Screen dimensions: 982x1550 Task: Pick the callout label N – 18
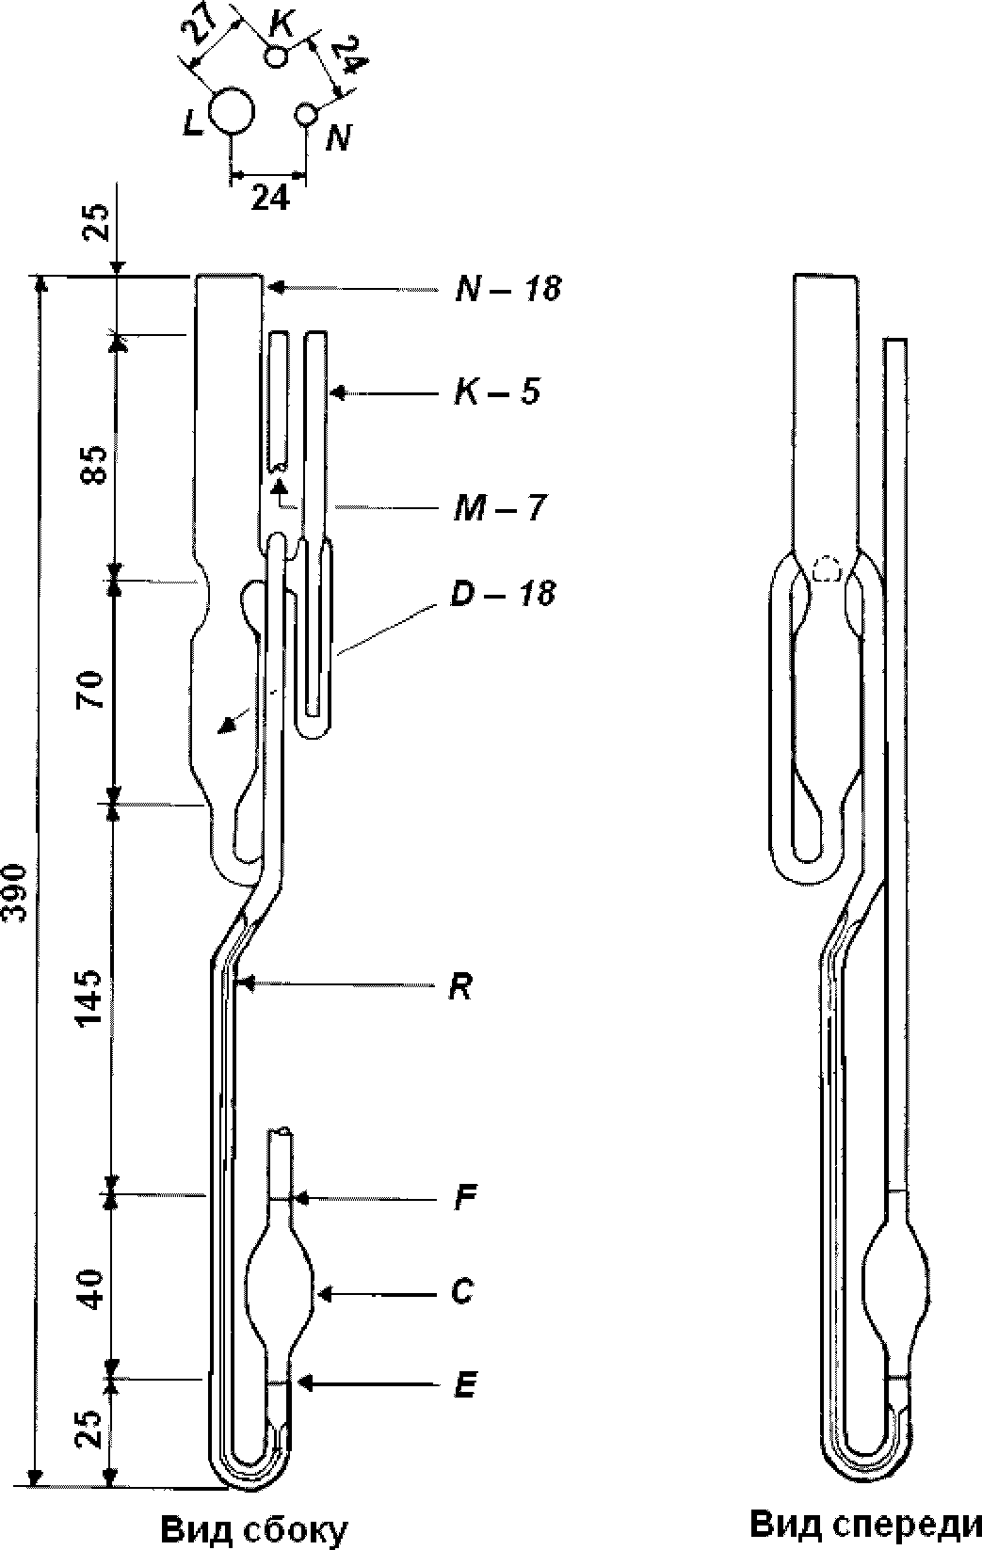coord(507,288)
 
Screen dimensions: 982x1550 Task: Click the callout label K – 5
coord(497,392)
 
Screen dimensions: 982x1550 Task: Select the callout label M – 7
coord(499,508)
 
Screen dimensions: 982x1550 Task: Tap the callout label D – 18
coord(503,594)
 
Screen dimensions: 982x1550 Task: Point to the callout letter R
coord(460,988)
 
